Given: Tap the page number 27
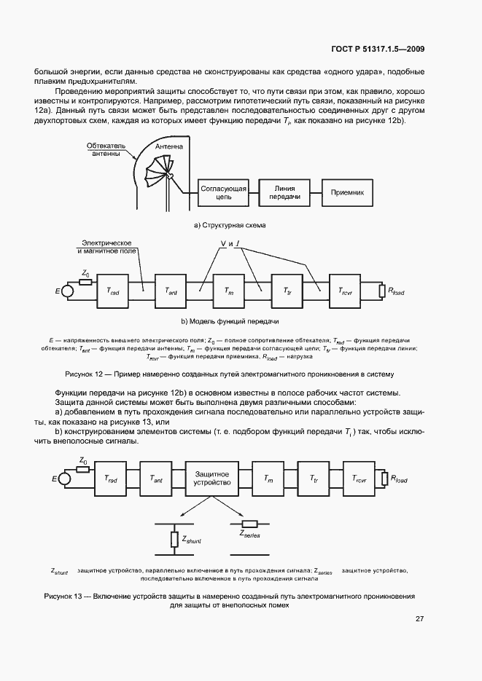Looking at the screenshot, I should (x=419, y=619).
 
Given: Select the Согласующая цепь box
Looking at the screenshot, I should (x=224, y=192).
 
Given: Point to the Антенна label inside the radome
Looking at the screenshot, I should (x=166, y=146).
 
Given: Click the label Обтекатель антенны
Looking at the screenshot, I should (x=106, y=150).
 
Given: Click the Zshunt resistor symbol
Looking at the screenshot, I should (x=174, y=540).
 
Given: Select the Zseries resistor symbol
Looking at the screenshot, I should (x=250, y=523).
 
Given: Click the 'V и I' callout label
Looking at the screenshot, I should (x=231, y=244).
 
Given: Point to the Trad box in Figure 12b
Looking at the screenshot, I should (x=113, y=291).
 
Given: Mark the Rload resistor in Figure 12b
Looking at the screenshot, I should (x=381, y=291).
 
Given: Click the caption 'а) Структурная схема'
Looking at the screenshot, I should (x=230, y=225).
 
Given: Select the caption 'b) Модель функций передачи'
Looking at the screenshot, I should (x=230, y=321).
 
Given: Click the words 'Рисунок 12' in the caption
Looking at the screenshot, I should (x=86, y=374).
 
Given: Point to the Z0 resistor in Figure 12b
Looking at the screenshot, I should (x=85, y=282).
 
